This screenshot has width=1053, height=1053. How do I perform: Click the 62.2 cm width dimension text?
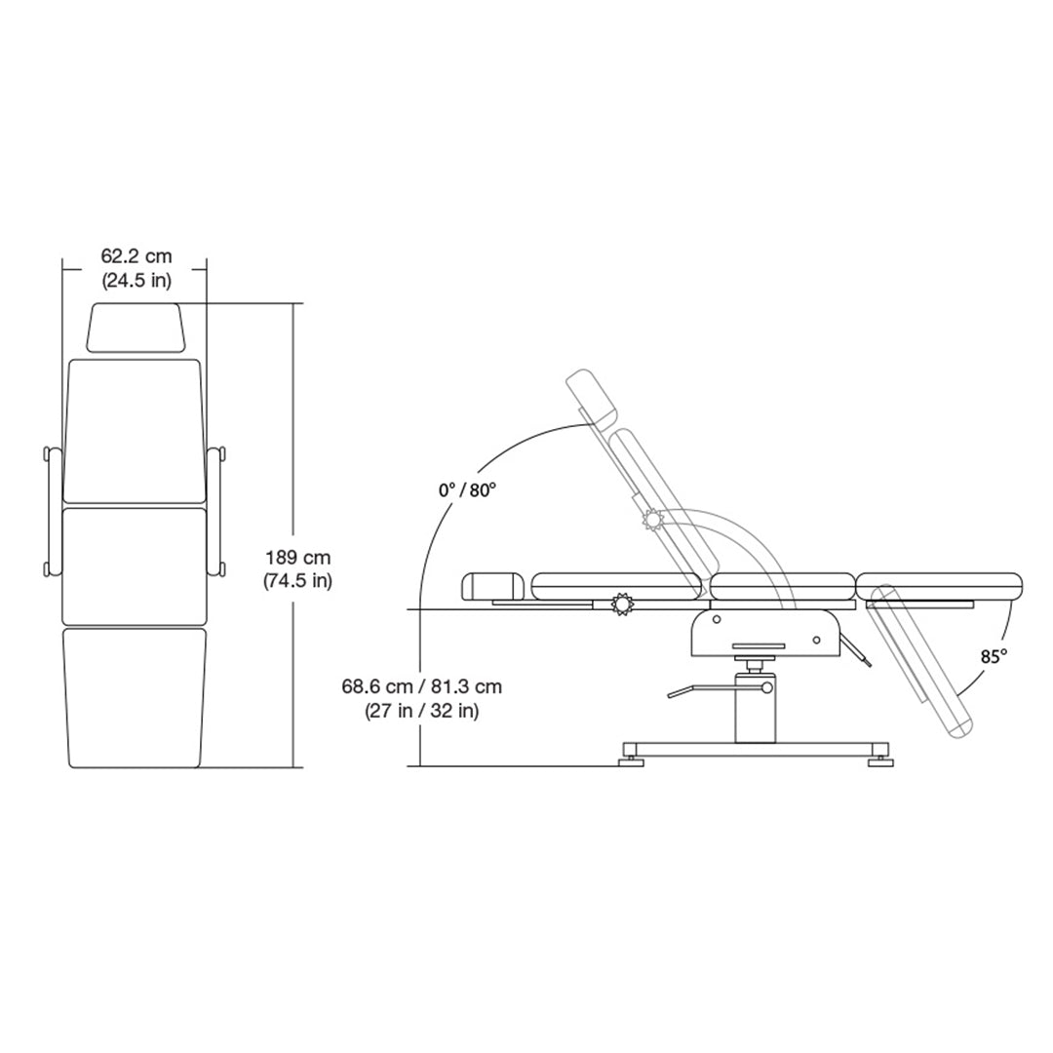click(x=136, y=256)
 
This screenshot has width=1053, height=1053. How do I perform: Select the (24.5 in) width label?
click(x=136, y=281)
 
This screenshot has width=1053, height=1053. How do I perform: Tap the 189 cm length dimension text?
click(x=298, y=558)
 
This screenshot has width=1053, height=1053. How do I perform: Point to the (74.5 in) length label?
click(x=297, y=580)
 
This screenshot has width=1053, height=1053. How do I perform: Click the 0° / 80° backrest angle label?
click(x=467, y=490)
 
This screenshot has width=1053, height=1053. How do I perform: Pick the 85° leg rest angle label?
click(x=994, y=656)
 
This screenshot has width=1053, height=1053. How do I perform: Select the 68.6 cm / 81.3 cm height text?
click(x=422, y=686)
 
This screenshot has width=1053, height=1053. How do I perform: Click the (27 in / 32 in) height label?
click(x=422, y=711)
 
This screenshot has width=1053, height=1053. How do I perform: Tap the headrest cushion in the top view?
click(x=136, y=327)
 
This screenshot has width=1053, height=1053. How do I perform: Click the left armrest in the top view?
click(x=53, y=511)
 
